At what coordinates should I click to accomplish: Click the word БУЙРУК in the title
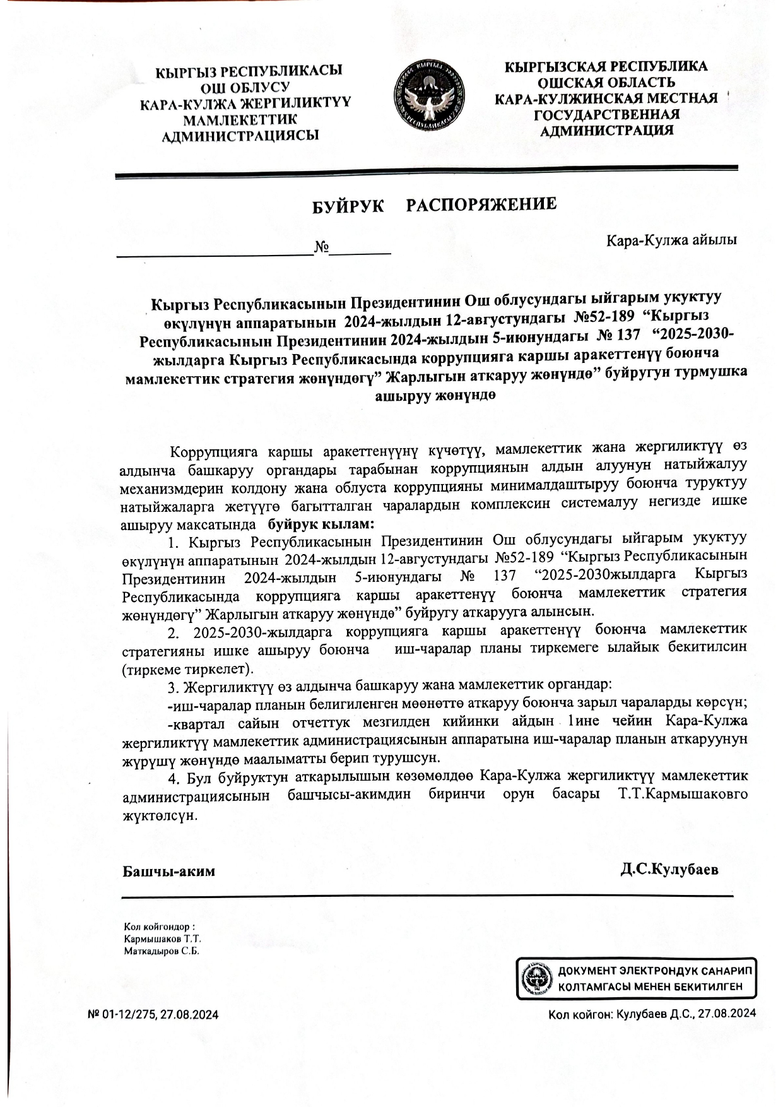(x=349, y=206)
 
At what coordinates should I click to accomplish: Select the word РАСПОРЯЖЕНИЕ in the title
(x=481, y=204)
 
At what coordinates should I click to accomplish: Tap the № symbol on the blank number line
(x=322, y=246)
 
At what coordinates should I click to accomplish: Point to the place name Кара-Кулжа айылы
(x=671, y=240)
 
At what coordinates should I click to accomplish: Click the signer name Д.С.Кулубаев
(x=669, y=870)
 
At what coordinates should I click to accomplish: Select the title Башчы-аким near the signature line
(x=168, y=871)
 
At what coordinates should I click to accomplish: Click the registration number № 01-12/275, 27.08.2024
(x=153, y=1015)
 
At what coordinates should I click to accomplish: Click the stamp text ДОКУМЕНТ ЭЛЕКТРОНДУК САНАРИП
(x=654, y=970)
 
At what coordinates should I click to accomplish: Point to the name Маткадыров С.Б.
(x=162, y=951)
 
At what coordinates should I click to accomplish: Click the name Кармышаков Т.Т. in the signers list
(x=162, y=939)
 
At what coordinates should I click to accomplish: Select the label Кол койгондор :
(x=159, y=926)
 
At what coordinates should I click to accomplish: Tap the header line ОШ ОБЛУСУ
(x=245, y=87)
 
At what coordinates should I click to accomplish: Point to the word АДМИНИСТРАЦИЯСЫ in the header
(x=240, y=135)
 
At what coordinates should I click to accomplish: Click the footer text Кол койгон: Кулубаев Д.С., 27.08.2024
(x=652, y=1015)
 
